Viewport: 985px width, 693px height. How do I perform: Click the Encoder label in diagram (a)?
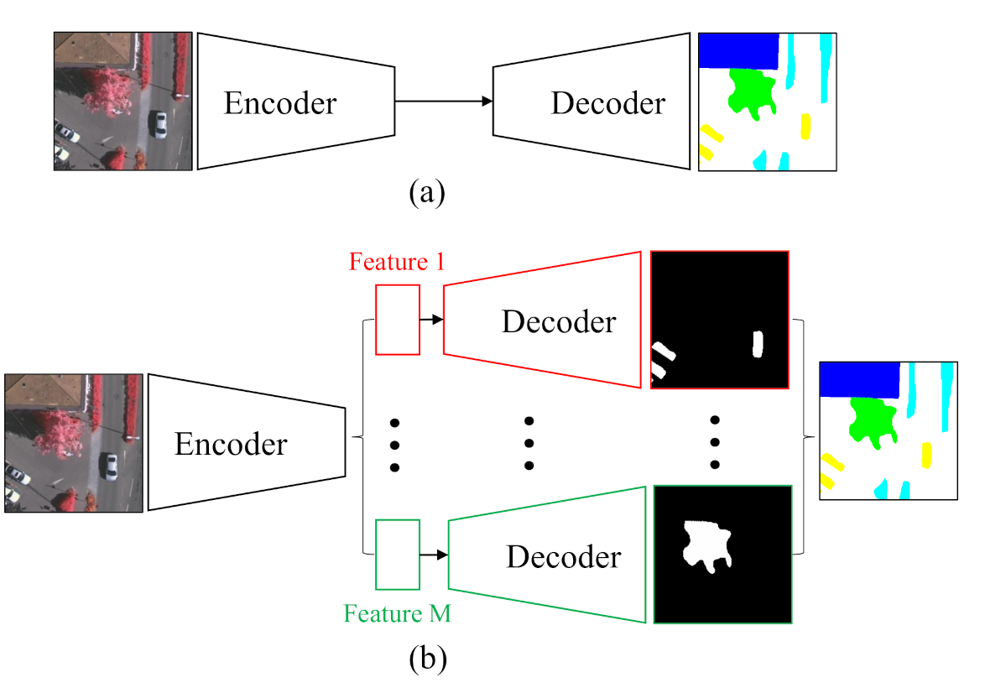click(279, 103)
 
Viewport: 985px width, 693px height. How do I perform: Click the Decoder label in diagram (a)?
click(607, 103)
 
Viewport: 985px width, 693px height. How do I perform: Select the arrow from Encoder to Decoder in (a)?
click(444, 102)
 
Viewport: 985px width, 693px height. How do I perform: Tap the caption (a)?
click(426, 193)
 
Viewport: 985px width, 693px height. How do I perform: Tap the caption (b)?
click(427, 659)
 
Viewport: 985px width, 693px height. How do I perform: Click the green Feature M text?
click(397, 614)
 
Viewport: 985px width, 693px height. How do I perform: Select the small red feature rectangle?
click(397, 320)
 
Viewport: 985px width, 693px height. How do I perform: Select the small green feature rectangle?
click(397, 555)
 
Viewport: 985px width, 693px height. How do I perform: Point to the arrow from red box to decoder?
click(430, 320)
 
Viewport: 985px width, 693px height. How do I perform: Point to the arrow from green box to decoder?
click(433, 555)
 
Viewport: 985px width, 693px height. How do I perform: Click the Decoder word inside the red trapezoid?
click(558, 321)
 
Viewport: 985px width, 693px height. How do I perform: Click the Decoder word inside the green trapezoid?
click(563, 557)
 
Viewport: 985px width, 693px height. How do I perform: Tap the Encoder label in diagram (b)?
click(230, 444)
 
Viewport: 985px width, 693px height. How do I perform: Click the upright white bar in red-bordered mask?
click(758, 344)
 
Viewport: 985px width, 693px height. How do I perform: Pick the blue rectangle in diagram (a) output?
click(738, 51)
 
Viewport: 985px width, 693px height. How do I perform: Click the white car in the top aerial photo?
click(159, 124)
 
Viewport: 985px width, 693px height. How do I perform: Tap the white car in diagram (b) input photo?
click(108, 466)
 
